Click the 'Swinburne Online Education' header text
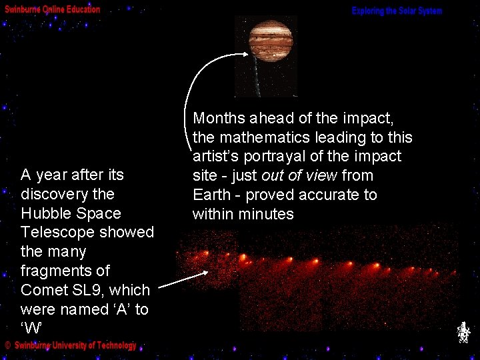(x=53, y=9)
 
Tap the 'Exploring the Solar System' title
(x=397, y=11)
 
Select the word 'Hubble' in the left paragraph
(x=45, y=213)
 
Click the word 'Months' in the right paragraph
(x=219, y=119)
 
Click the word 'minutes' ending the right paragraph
(x=268, y=215)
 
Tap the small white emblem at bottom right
(x=463, y=333)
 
